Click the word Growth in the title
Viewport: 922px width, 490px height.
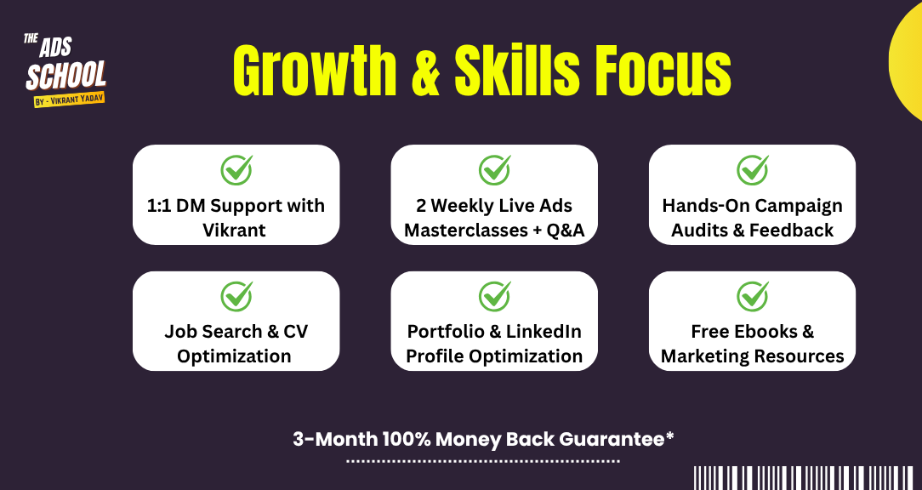click(316, 70)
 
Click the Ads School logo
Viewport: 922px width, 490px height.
click(65, 70)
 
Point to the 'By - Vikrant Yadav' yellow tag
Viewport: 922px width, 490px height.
click(70, 100)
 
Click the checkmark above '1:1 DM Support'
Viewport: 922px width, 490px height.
click(237, 170)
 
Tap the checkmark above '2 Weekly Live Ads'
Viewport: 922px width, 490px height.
click(494, 170)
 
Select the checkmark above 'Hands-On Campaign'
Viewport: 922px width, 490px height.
click(753, 170)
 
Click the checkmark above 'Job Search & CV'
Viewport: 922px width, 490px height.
click(237, 296)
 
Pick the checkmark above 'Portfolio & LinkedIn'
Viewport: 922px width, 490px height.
click(494, 296)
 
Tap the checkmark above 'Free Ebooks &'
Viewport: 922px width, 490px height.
click(753, 296)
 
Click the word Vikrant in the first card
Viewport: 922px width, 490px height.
click(234, 230)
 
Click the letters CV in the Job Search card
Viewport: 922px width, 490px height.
click(296, 331)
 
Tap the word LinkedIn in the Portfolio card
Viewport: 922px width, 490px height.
click(544, 331)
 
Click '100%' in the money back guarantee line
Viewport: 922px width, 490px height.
click(407, 439)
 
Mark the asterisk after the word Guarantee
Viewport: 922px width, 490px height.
click(669, 436)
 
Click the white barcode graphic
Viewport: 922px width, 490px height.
click(804, 477)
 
